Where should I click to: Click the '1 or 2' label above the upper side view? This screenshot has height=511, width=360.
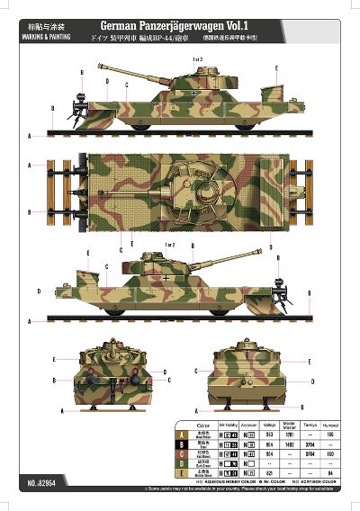point(198,59)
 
